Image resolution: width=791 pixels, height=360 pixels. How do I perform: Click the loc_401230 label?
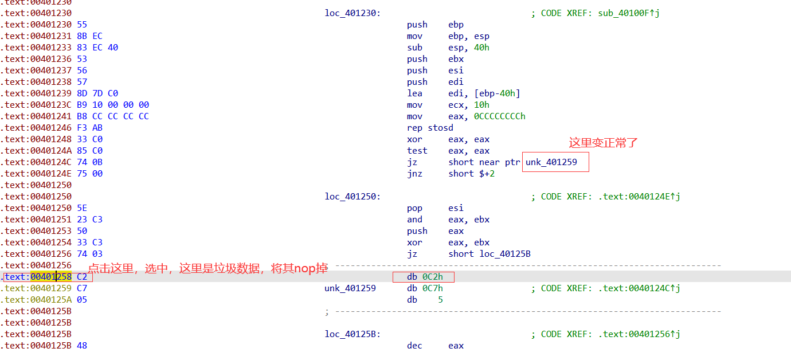point(352,13)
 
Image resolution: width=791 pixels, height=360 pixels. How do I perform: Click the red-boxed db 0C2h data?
point(424,277)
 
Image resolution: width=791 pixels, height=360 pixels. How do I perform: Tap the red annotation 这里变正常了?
point(603,143)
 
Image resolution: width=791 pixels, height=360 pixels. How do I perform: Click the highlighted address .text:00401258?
point(37,277)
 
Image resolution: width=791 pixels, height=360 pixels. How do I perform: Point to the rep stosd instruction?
point(430,128)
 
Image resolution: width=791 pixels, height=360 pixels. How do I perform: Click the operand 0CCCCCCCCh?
point(499,116)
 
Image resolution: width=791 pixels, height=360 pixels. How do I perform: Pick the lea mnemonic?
point(414,93)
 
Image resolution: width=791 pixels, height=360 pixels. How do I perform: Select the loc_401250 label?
point(352,197)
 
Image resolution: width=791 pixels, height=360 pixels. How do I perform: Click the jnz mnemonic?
point(414,174)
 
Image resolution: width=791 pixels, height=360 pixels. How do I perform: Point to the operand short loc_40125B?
point(489,254)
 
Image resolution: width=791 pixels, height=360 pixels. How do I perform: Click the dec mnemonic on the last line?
point(414,346)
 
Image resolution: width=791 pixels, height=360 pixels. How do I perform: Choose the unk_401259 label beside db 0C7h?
point(350,288)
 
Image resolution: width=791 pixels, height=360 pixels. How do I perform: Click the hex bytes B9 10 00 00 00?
point(112,105)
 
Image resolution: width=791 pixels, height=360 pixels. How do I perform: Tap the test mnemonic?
point(417,151)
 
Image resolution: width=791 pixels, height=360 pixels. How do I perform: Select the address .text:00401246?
point(36,128)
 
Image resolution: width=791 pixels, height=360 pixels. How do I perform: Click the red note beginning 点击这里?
point(207,268)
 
